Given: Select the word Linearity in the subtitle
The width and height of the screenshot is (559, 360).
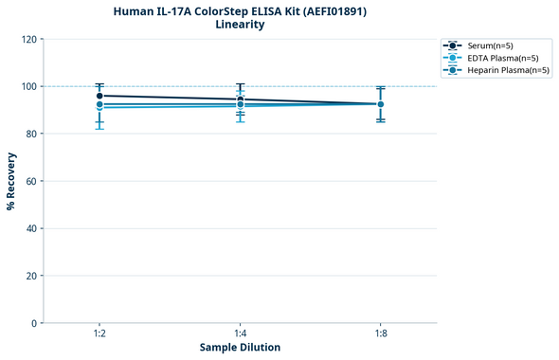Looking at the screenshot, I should [241, 25].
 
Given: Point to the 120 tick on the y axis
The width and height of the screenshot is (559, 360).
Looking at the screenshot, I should [31, 39].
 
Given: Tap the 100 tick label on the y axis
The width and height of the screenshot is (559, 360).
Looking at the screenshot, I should [31, 86].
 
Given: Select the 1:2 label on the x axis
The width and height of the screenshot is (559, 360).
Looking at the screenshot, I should [99, 333].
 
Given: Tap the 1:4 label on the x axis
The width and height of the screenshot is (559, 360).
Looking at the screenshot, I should [241, 333].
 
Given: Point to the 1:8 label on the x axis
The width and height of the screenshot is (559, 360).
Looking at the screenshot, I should [381, 333].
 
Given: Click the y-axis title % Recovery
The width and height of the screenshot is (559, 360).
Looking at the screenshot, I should [11, 181].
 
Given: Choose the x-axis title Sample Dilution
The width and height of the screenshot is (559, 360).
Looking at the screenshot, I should [240, 348].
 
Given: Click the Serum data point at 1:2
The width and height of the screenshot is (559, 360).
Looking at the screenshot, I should [99, 96].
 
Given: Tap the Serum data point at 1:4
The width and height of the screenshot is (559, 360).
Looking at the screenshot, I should [241, 99].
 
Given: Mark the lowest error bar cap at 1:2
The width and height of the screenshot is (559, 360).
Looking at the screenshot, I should [99, 129].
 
